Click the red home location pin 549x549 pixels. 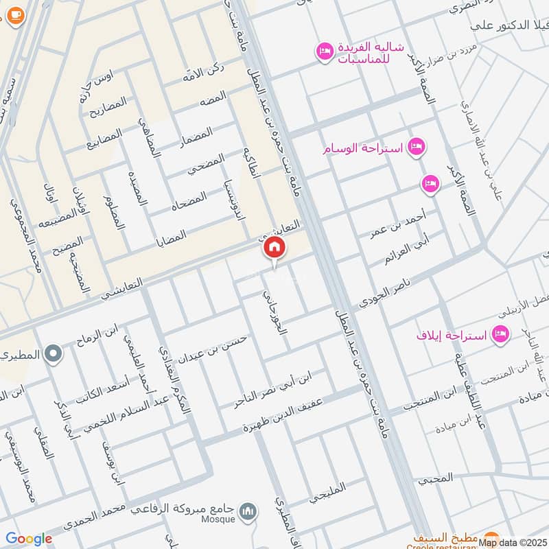click(274, 248)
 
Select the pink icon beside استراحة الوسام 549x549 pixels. click(416, 146)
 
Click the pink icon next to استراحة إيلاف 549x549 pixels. click(502, 334)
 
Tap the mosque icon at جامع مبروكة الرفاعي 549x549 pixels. click(250, 511)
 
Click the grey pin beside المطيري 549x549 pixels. click(54, 355)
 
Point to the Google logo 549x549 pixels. click(29, 539)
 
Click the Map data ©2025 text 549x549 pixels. click(513, 542)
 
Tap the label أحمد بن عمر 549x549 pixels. click(397, 223)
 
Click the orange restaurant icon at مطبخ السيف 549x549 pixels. click(490, 537)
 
